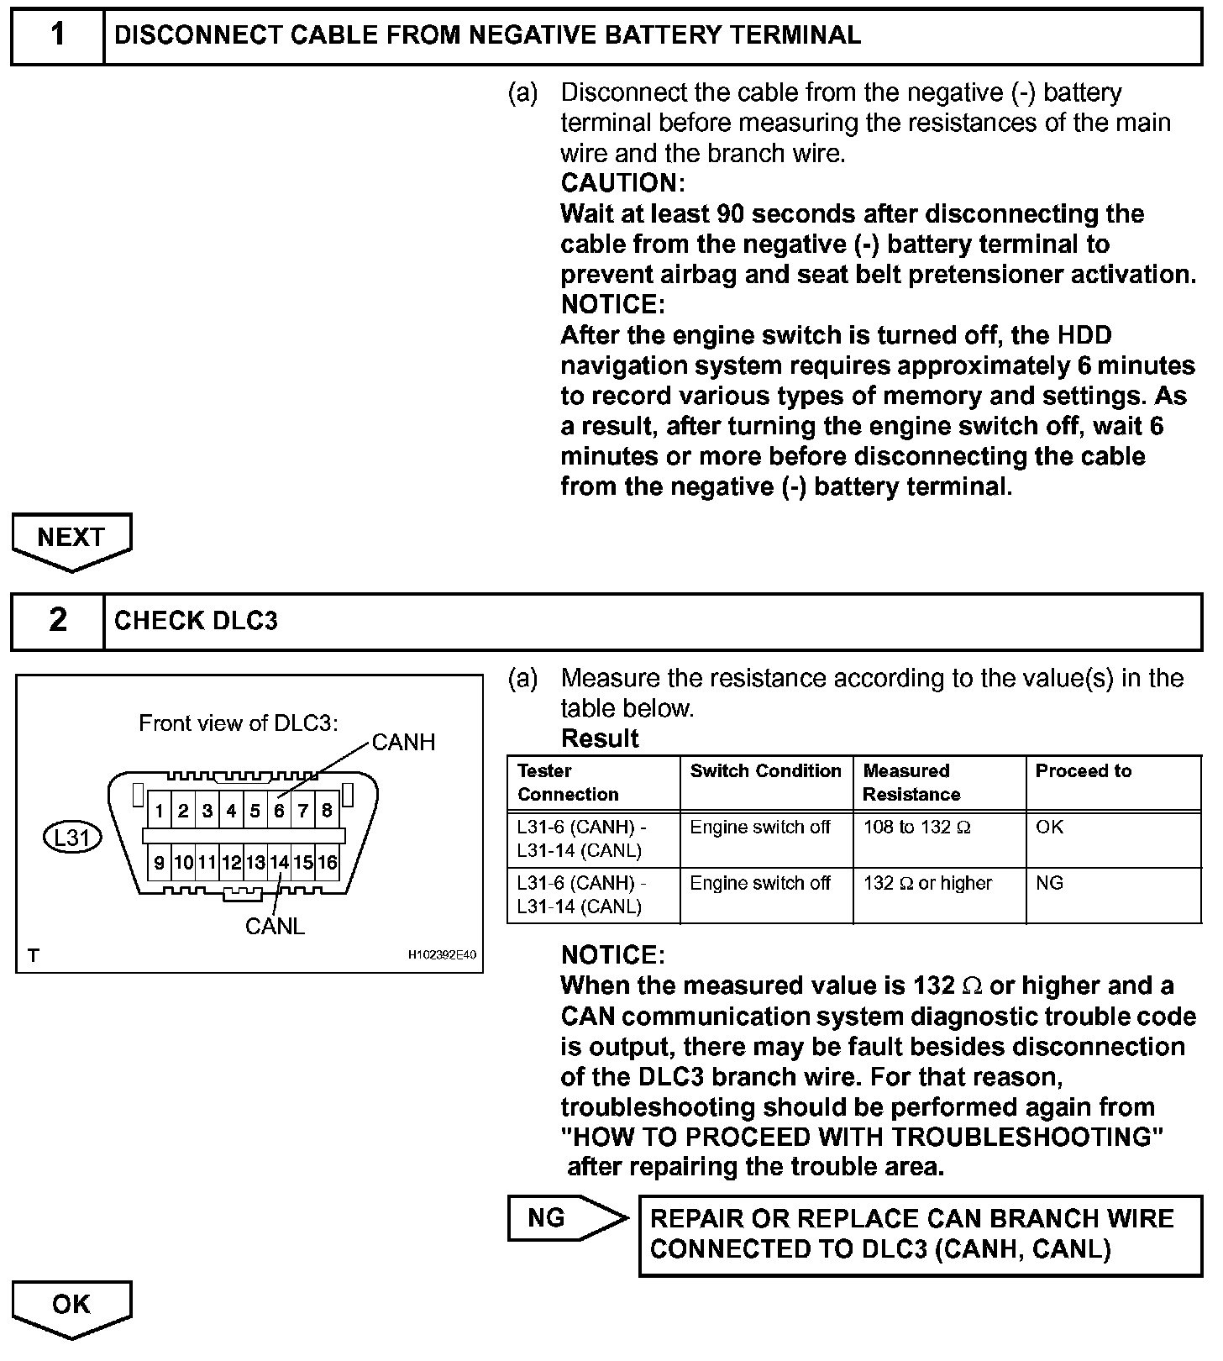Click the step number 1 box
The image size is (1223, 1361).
57,35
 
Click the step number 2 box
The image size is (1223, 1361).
57,621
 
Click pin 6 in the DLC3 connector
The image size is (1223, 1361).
279,812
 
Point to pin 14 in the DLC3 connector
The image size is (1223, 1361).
279,863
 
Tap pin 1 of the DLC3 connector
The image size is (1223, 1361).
159,812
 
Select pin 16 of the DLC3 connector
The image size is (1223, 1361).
328,863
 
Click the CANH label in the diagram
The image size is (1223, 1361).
403,743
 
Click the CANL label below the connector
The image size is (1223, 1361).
275,927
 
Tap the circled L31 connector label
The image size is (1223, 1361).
72,838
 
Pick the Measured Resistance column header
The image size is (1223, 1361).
907,782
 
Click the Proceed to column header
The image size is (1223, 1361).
1084,771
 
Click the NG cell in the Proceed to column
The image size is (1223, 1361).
1050,884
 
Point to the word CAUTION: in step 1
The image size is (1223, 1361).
622,183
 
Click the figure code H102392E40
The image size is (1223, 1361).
442,955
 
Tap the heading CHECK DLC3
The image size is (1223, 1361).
196,621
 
